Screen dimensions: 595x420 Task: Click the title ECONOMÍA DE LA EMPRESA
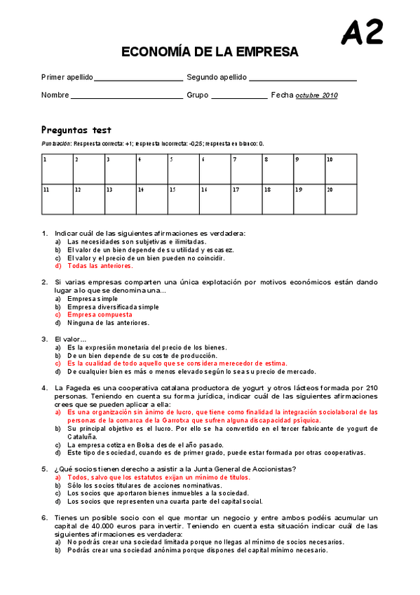pos(210,52)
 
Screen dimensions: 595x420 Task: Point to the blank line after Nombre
pos(126,96)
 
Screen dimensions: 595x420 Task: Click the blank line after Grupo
pos(238,96)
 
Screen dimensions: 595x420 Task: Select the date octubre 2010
pos(316,95)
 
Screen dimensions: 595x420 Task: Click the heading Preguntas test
pos(76,130)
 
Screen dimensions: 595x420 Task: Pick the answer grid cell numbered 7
pos(247,168)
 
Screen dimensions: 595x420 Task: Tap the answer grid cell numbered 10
pos(341,168)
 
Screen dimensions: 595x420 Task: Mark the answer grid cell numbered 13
pos(121,199)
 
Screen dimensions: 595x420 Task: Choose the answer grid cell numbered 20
pos(341,199)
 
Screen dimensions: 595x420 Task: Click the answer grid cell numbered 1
pos(57,168)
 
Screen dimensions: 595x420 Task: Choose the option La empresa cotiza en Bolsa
pos(126,445)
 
